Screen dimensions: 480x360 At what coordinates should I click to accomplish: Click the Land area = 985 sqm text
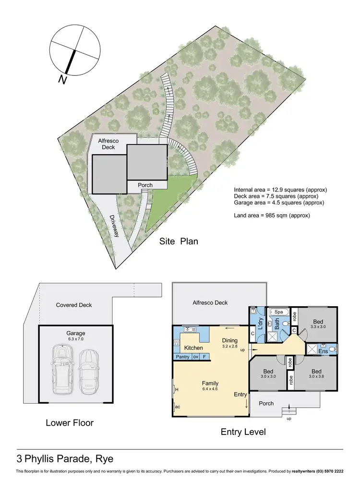[272, 216]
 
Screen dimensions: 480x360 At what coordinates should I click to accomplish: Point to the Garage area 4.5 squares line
[279, 203]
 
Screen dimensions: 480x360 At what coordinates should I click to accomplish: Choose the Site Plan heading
[179, 241]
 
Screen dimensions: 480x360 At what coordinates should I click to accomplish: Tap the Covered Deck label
[73, 305]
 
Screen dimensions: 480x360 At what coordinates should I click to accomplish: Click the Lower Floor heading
[70, 423]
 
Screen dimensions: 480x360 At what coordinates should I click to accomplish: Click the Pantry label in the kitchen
[182, 357]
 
